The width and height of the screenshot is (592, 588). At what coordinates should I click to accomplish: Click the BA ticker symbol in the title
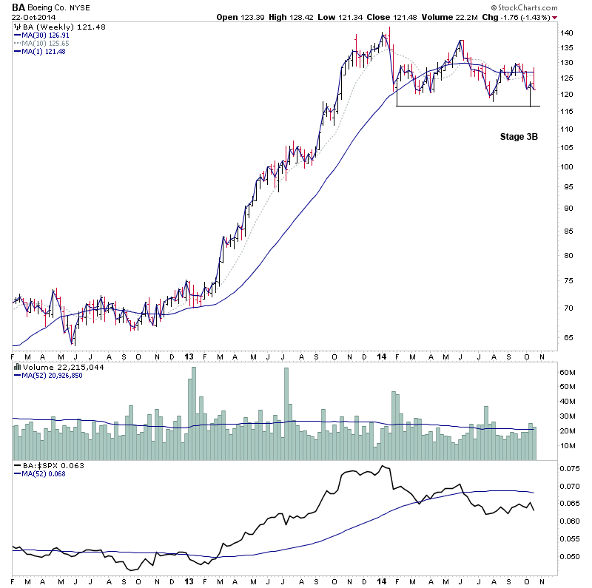tap(18, 7)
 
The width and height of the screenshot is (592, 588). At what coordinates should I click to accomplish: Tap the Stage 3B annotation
tap(518, 137)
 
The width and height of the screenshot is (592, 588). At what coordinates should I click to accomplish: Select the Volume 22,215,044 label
tap(52, 366)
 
